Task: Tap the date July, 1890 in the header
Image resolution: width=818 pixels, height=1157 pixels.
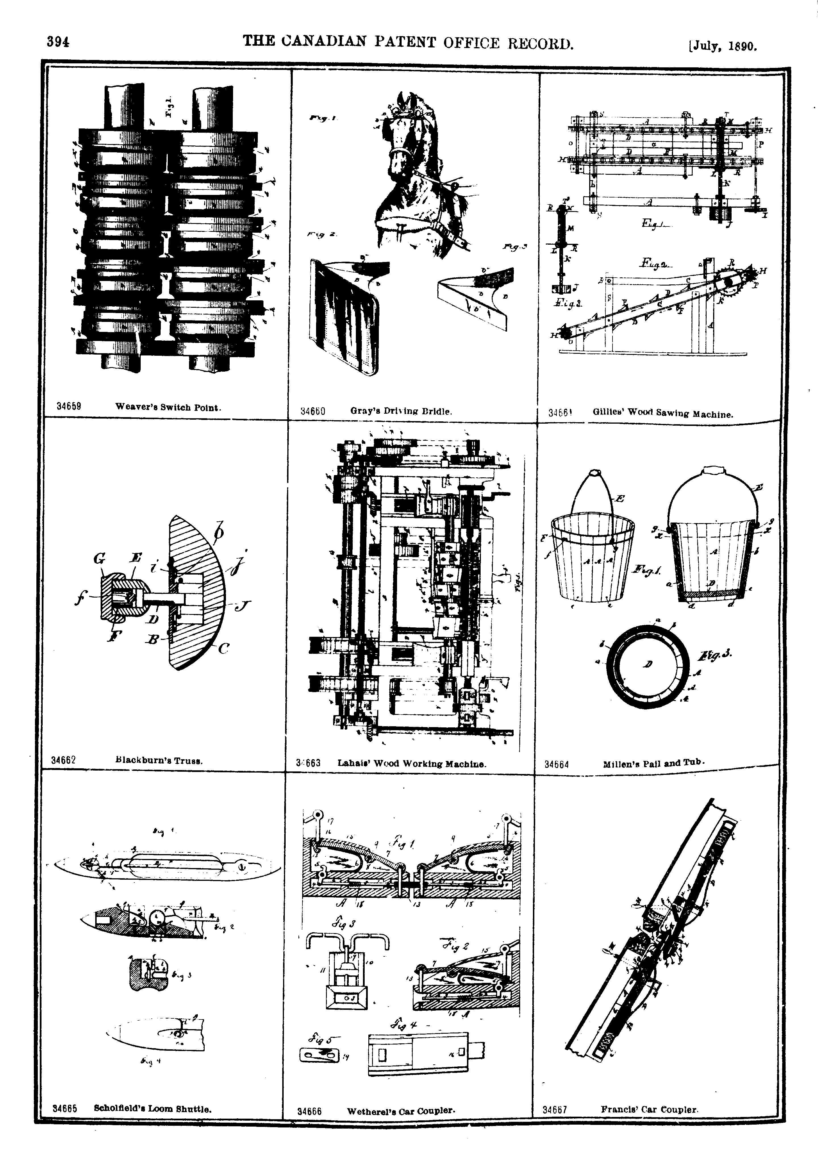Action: point(723,46)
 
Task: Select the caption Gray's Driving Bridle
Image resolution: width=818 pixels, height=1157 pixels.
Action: point(401,411)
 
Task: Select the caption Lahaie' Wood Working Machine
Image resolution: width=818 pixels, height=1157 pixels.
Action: point(412,763)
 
